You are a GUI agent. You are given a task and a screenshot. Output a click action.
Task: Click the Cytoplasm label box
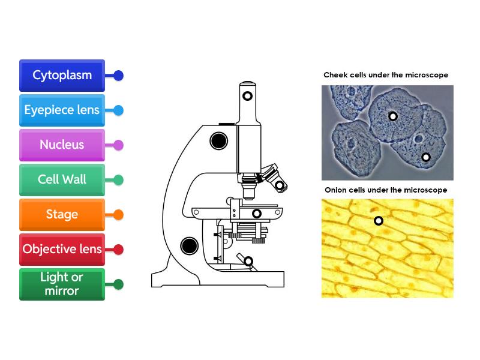62,76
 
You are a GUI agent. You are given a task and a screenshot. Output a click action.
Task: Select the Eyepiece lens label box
62,110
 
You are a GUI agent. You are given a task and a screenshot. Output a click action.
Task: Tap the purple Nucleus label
62,145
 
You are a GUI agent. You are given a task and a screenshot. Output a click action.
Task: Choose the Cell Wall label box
62,180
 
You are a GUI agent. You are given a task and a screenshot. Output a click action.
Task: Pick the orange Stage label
62,215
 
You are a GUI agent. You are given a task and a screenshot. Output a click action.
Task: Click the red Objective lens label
62,250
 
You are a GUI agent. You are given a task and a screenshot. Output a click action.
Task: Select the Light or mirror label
62,284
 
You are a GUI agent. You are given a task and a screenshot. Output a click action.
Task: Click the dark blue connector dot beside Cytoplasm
118,76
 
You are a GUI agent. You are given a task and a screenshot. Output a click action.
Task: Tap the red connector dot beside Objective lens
118,250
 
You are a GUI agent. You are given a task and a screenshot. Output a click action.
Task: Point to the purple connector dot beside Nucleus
118,145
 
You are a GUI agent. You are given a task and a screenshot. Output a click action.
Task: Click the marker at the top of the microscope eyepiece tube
247,95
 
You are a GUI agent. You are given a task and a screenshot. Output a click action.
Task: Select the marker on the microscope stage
257,214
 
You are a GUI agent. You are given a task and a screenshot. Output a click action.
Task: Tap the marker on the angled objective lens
280,186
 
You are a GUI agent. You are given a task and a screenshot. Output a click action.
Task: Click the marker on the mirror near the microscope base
248,261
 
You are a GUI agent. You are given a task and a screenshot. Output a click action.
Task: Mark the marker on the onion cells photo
379,221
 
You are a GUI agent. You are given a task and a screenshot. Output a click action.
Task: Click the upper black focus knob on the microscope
218,141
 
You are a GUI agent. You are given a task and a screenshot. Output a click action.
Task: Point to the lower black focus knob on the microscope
190,245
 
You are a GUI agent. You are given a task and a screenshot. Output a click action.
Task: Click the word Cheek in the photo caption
335,75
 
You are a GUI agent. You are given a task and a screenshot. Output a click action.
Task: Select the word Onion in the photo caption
337,190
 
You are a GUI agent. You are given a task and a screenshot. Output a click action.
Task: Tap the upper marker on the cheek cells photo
393,116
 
